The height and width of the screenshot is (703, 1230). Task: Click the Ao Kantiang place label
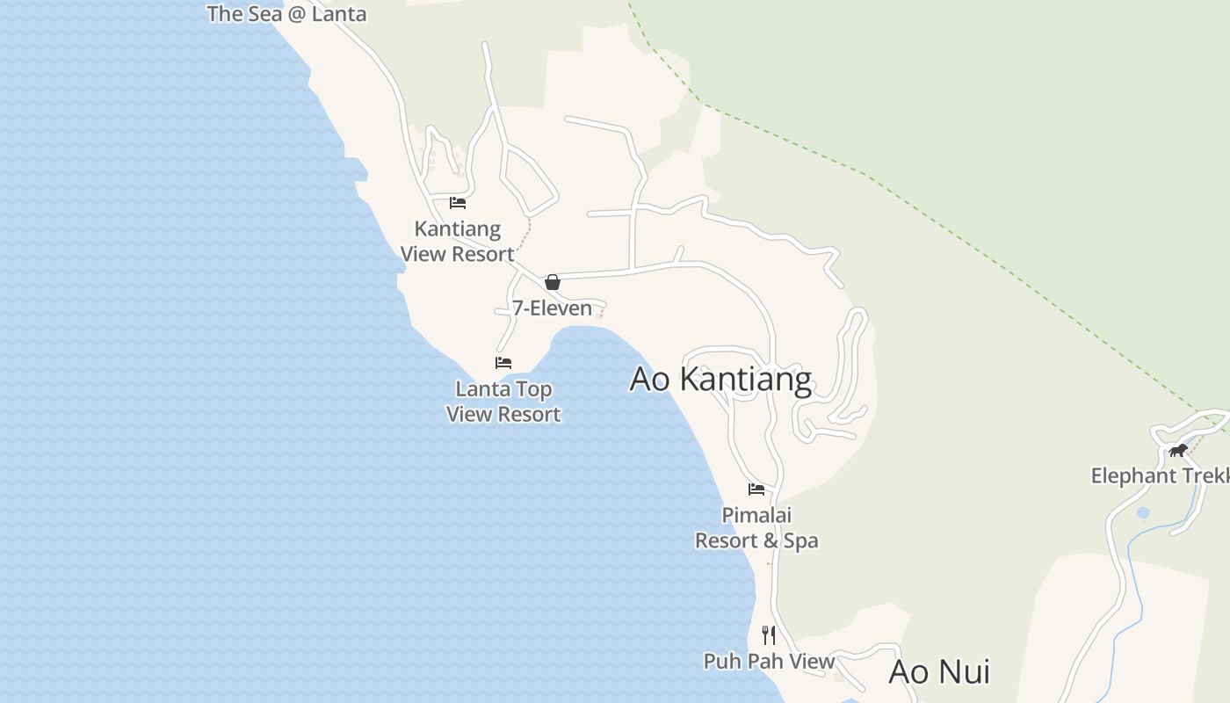click(720, 379)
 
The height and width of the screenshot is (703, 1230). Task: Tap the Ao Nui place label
click(939, 671)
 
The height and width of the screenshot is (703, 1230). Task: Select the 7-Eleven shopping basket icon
click(552, 282)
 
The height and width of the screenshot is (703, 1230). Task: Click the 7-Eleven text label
click(552, 308)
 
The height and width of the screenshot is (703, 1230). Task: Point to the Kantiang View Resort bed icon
click(457, 203)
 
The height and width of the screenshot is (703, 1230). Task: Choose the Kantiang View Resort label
click(457, 242)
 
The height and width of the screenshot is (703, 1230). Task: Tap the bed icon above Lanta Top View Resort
click(503, 362)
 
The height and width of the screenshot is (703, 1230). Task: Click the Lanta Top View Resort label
click(503, 402)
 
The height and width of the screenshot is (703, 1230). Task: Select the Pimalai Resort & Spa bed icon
click(756, 489)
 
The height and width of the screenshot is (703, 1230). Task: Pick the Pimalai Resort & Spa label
click(756, 527)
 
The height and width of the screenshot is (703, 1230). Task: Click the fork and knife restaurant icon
click(769, 634)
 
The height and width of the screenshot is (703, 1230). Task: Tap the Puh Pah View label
click(769, 661)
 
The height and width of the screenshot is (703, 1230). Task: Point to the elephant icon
click(1178, 451)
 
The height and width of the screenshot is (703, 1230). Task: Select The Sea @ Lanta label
click(286, 13)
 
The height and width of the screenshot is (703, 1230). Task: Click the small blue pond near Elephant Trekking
click(1142, 512)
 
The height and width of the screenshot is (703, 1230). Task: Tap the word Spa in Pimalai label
click(800, 540)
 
